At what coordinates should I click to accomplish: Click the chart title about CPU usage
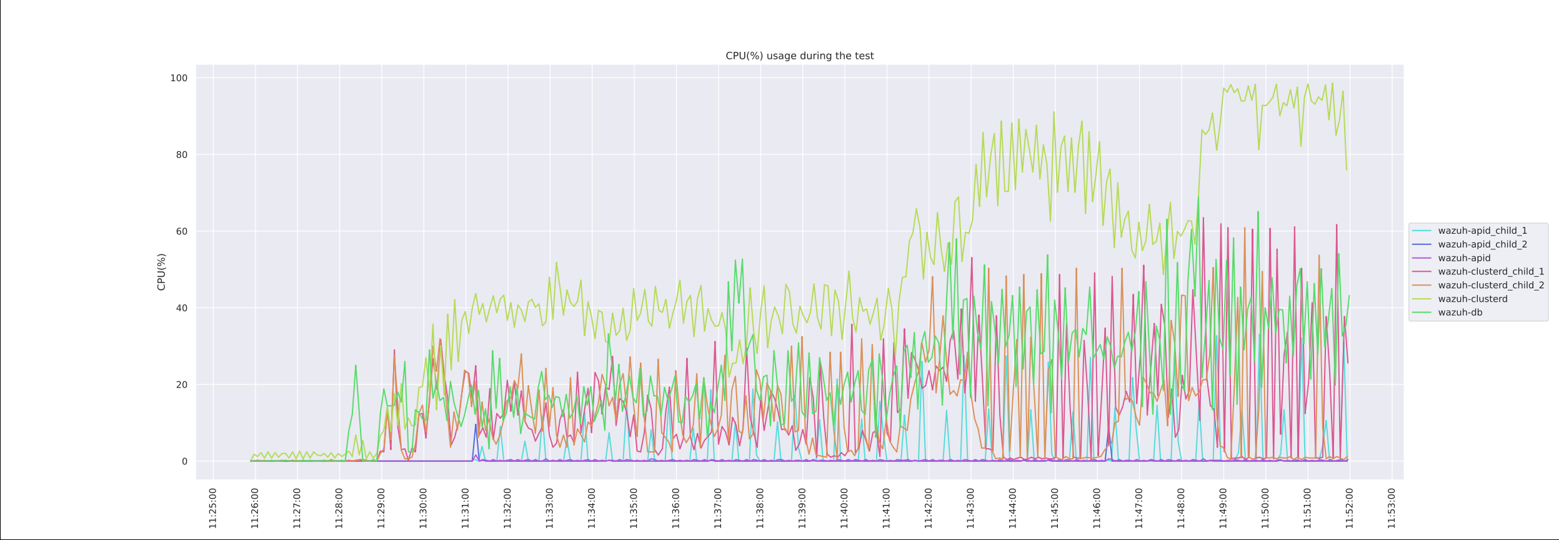click(x=799, y=56)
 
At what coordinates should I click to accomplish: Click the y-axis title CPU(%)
click(x=162, y=272)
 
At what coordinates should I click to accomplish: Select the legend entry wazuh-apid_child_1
click(x=1482, y=231)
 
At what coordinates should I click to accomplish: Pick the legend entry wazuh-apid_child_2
click(x=1482, y=244)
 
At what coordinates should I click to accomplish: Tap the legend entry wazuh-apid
click(x=1464, y=258)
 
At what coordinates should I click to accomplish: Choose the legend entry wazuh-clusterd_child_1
click(x=1491, y=272)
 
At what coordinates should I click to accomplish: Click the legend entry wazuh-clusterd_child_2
click(x=1491, y=286)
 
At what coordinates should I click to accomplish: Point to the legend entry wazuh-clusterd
click(x=1473, y=299)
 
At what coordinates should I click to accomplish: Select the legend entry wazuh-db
click(x=1460, y=313)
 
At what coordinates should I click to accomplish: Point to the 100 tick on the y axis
click(x=179, y=78)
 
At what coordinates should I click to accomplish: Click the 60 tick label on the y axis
click(x=181, y=231)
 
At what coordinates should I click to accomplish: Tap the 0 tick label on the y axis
click(x=184, y=462)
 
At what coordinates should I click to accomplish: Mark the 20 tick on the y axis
click(x=181, y=385)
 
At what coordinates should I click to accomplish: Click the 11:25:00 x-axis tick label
click(x=213, y=508)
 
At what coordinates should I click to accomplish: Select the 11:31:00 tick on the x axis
click(x=466, y=508)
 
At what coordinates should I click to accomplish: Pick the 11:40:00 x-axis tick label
click(x=844, y=508)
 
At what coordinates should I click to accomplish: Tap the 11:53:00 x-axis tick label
click(x=1392, y=508)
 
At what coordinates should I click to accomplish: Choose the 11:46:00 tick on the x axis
click(x=1097, y=508)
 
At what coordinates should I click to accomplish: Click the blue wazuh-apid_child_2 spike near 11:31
click(x=476, y=426)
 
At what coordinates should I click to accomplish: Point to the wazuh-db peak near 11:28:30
click(x=356, y=366)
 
